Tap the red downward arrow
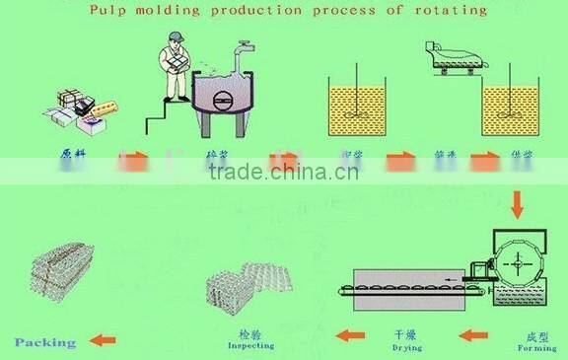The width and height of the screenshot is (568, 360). (515, 205)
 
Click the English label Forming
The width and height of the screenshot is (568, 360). (535, 347)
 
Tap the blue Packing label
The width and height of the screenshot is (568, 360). (45, 342)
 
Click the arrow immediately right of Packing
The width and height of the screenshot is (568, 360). (103, 341)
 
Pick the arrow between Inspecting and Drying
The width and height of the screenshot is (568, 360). (350, 335)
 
